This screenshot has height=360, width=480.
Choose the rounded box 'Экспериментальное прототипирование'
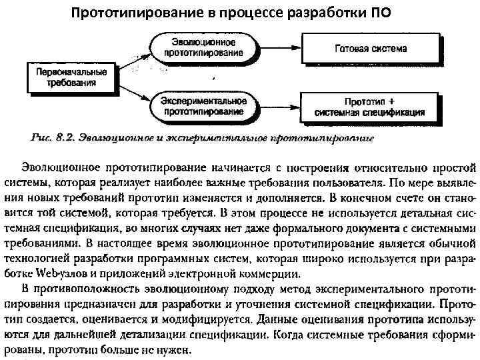(x=203, y=106)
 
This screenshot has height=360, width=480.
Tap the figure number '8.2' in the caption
(x=64, y=138)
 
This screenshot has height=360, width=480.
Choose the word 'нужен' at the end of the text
(x=176, y=349)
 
